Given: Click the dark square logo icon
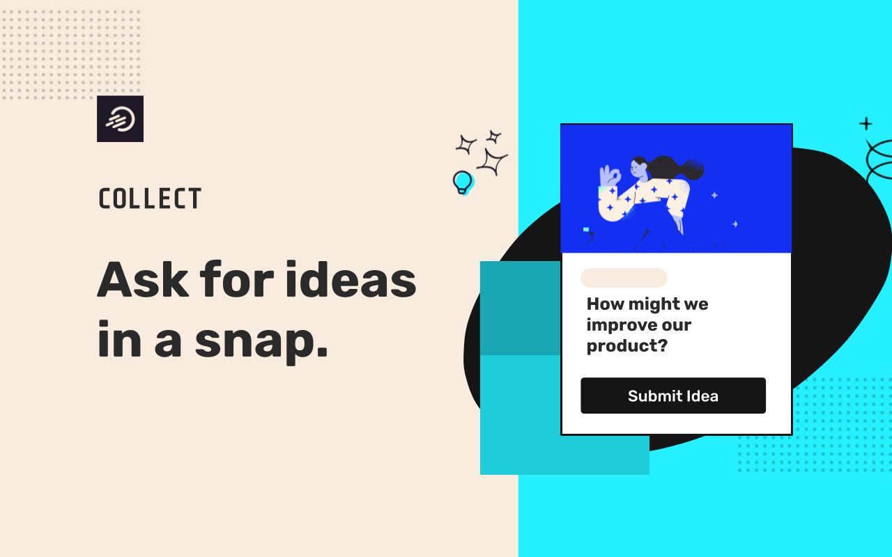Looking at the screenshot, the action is point(121,118).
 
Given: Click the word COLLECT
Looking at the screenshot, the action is point(150,198).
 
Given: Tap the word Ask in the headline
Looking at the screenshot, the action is point(143,279).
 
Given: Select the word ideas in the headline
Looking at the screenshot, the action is point(351,279).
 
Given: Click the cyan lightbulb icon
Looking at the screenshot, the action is point(462,182).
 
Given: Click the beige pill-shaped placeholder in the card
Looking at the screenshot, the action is point(624,278).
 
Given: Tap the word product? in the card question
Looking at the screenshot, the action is point(626,346).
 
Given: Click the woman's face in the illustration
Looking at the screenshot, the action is point(638,168).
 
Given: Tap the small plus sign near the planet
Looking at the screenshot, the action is point(866,124).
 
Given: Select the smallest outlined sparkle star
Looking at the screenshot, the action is point(494,136).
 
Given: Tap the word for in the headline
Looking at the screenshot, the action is point(237,279).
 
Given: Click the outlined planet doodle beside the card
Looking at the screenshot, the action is point(879,160).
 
